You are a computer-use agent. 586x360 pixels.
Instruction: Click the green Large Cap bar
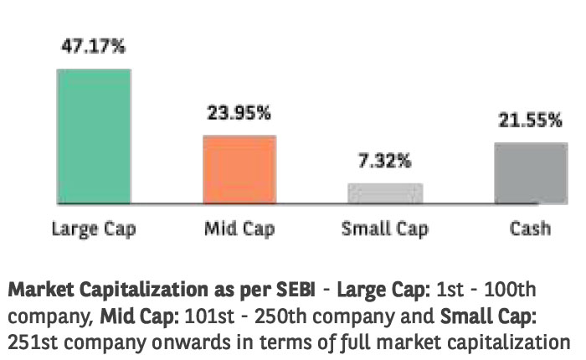(93, 136)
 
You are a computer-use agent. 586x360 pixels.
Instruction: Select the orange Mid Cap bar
(239, 169)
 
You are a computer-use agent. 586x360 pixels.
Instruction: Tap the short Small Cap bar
(384, 193)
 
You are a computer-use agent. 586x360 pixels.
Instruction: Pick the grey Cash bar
(525, 172)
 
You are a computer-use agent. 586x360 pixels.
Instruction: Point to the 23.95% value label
(239, 112)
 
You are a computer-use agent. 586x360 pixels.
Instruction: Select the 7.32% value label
(386, 161)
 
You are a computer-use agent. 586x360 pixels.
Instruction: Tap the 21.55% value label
(527, 121)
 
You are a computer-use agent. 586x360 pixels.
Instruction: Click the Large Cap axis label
(94, 228)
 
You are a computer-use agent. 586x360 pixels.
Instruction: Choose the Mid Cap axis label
(239, 228)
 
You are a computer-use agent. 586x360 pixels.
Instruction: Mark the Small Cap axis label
(385, 228)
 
